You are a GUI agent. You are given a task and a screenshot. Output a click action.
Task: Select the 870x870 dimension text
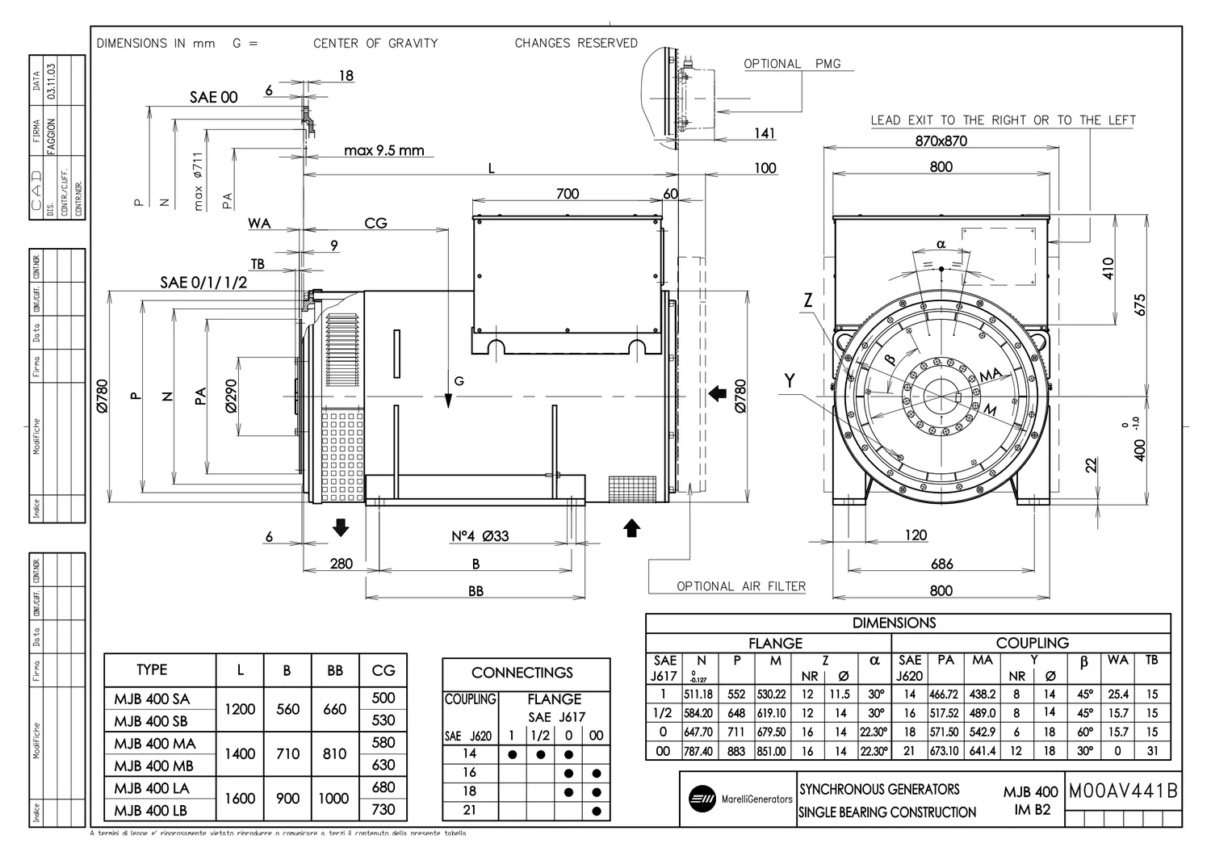(941, 141)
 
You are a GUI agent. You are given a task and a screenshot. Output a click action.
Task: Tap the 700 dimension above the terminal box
(568, 194)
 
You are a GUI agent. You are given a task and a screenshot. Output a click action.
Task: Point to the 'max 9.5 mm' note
(383, 150)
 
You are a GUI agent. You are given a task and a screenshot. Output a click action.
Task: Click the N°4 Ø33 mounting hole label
(480, 536)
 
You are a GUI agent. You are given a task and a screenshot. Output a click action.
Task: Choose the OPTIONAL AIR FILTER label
(741, 586)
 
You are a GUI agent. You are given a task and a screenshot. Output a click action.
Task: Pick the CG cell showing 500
(383, 698)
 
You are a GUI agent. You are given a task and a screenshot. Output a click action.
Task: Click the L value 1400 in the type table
(240, 753)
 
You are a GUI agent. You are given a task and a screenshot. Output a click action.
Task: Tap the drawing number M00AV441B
(1123, 791)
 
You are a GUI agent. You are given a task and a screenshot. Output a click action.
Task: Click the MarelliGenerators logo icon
(701, 799)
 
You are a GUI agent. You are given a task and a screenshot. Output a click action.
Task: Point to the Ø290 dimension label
(231, 396)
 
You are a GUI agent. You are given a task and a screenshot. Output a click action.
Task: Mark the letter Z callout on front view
(807, 301)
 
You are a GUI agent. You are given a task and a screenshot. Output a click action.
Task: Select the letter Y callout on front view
(790, 380)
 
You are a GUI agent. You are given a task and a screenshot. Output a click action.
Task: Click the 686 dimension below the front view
(941, 564)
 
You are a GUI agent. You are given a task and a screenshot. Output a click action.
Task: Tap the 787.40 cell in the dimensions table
(700, 751)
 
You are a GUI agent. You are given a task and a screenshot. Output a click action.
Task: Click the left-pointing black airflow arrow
(717, 393)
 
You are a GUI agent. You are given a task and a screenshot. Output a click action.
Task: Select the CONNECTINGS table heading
(522, 673)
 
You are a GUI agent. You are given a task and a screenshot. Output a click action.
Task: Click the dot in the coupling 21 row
(596, 811)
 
